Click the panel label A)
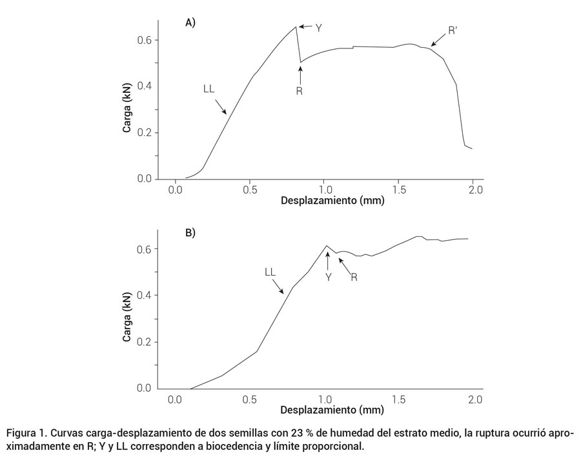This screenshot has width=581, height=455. click(190, 23)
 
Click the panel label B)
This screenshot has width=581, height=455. click(190, 232)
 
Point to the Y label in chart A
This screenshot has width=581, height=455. click(318, 28)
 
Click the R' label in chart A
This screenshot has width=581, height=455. click(453, 30)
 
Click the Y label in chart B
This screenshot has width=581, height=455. click(328, 276)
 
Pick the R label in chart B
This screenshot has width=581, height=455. click(354, 277)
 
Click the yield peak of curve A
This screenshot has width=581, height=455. click(296, 26)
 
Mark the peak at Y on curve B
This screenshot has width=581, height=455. click(327, 246)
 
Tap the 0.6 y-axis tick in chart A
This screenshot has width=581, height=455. click(145, 40)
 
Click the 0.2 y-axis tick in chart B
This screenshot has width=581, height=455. click(145, 342)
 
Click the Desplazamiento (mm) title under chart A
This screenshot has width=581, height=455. click(332, 201)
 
